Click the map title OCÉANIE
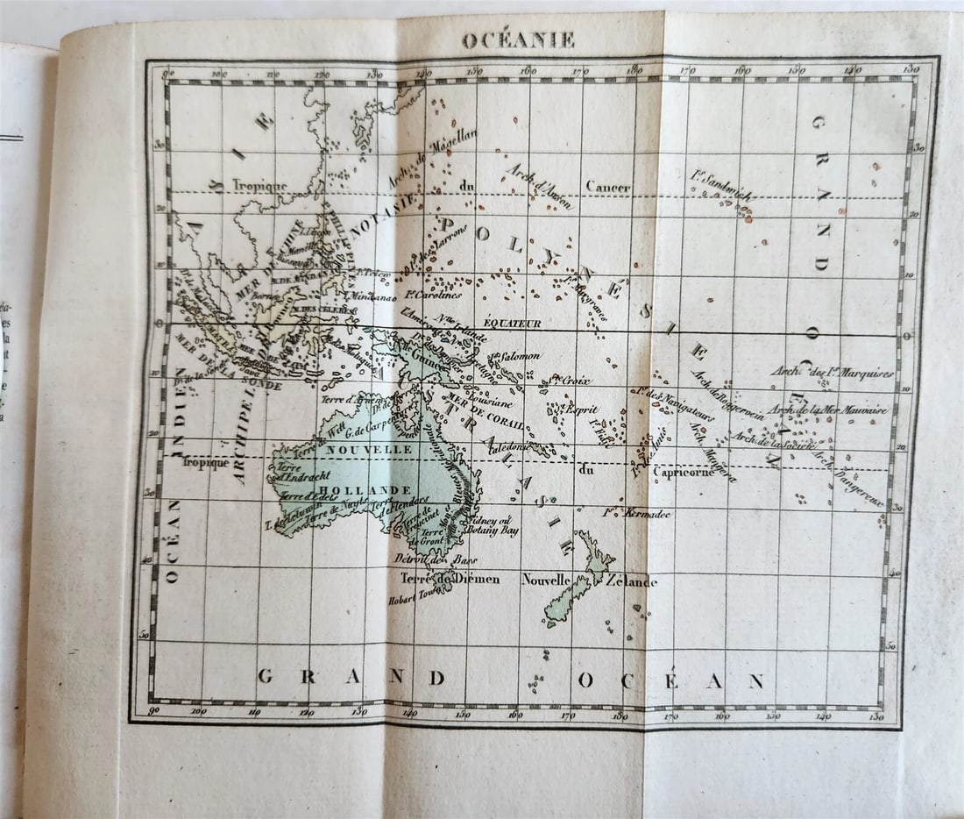point(518,40)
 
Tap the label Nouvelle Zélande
point(589,580)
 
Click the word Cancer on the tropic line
point(607,187)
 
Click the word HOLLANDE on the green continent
point(354,489)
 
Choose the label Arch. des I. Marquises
point(832,373)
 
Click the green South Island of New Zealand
point(566,603)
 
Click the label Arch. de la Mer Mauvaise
point(828,409)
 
